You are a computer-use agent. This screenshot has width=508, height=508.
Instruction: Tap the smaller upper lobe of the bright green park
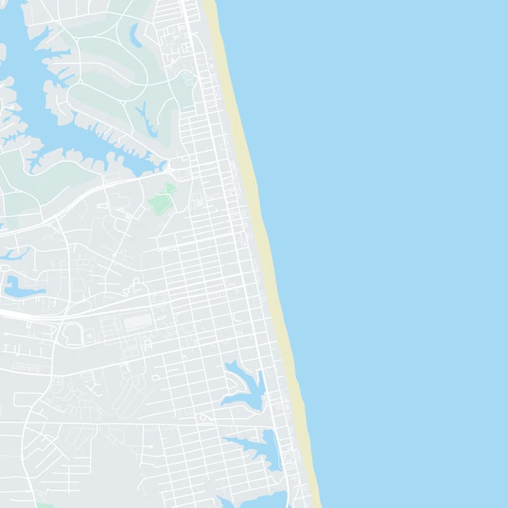[x=170, y=189]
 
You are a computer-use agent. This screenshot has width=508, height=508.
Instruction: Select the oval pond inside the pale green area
[x=136, y=35]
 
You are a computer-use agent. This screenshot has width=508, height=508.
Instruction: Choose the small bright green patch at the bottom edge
[x=44, y=505]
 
